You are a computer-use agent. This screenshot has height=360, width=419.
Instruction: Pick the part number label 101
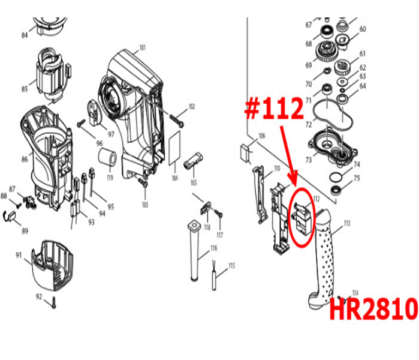(143, 47)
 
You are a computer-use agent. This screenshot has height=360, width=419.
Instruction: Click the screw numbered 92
(54, 302)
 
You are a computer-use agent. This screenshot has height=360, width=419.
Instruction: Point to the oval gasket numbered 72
(329, 115)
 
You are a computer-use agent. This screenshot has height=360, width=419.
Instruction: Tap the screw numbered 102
(177, 118)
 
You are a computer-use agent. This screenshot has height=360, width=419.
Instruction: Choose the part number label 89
(25, 231)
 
